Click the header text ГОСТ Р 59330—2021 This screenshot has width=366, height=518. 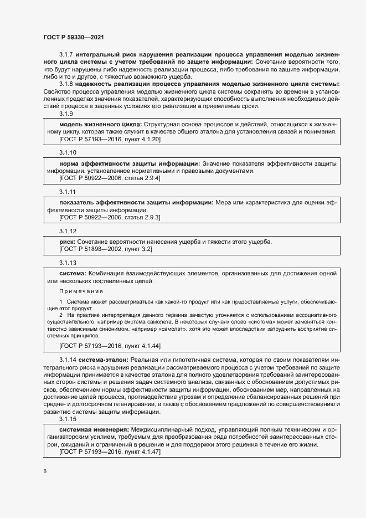coord(73,37)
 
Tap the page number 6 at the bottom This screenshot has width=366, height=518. coord(45,471)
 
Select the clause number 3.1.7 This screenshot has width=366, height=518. coord(66,55)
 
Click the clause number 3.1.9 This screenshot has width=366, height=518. coord(66,114)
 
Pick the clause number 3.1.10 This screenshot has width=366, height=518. coord(68,152)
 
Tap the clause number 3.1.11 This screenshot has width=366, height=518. coord(67,191)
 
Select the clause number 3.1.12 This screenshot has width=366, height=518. coord(68,230)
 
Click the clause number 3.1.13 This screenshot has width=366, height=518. coord(68,262)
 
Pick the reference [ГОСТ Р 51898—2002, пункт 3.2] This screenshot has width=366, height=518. coord(105,250)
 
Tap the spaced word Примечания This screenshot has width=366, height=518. coord(81,291)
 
